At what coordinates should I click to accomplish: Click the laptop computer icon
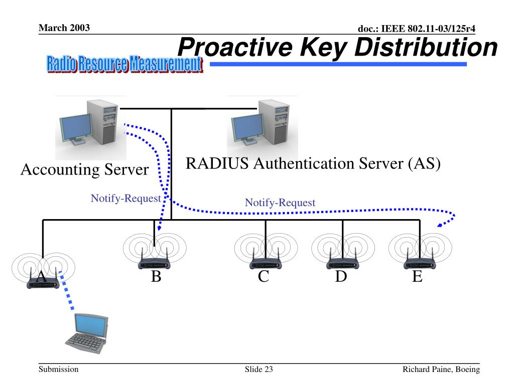pyautogui.click(x=86, y=333)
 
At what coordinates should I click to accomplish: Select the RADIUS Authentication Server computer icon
pyautogui.click(x=261, y=123)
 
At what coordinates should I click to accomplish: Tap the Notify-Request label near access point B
pyautogui.click(x=126, y=199)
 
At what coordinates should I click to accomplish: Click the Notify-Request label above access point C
pyautogui.click(x=280, y=203)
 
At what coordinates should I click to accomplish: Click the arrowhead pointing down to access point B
pyautogui.click(x=159, y=227)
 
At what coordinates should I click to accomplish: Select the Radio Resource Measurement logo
pyautogui.click(x=124, y=64)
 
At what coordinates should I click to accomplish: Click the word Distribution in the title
pyautogui.click(x=426, y=47)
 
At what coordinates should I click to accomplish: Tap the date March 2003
pyautogui.click(x=64, y=28)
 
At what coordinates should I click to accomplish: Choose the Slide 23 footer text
pyautogui.click(x=259, y=369)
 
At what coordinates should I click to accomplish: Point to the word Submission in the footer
pyautogui.click(x=58, y=369)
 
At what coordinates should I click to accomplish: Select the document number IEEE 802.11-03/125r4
pyautogui.click(x=428, y=29)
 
